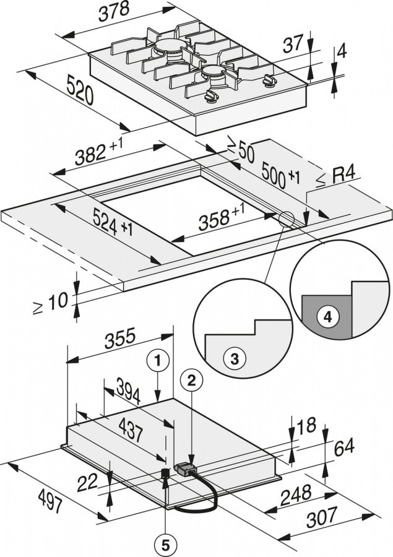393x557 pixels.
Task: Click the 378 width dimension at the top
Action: [x=114, y=11]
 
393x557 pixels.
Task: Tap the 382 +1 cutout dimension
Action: [x=99, y=152]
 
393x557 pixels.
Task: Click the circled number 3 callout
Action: [x=235, y=359]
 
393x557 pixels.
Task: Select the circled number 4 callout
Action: [x=328, y=316]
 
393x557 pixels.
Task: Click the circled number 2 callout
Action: [x=191, y=381]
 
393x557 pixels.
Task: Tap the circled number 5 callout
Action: [x=166, y=543]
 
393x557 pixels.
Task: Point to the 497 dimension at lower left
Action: [x=50, y=501]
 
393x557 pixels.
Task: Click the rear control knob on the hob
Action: [x=269, y=81]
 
